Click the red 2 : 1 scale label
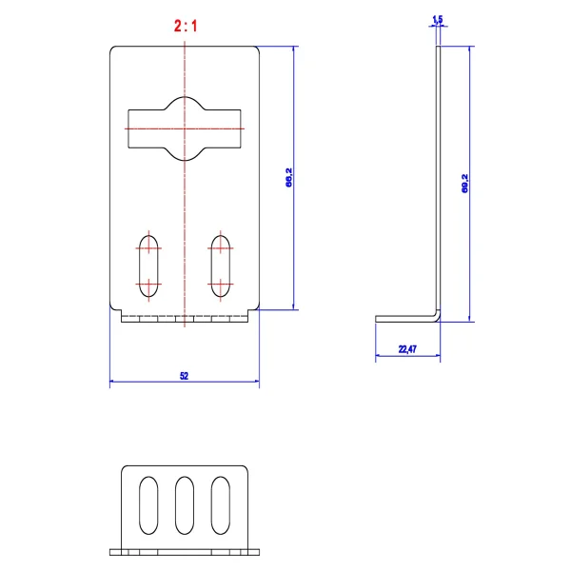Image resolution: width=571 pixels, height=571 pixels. coord(186,27)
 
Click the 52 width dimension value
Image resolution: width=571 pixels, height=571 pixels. coord(185,376)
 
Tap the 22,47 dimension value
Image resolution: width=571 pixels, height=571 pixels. coord(407,349)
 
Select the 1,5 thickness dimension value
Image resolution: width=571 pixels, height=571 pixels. coord(438,19)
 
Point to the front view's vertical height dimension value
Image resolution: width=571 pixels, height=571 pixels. coord(289,177)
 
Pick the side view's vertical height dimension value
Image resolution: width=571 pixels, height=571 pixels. coord(465,183)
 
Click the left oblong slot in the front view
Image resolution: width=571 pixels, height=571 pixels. coord(148,266)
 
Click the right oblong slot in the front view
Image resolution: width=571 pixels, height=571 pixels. coord(221,266)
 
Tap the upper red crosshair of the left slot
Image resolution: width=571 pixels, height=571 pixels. coord(148,248)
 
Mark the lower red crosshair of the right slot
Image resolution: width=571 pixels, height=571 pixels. coord(221,284)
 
